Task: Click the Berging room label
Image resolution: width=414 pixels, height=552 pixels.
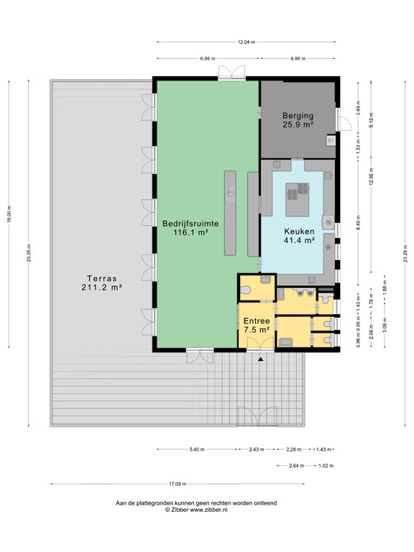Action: click(298, 120)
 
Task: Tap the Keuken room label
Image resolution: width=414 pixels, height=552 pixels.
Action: click(299, 236)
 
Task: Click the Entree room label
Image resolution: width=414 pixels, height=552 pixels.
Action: click(257, 326)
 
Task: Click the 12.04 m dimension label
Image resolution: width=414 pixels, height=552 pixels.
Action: click(247, 42)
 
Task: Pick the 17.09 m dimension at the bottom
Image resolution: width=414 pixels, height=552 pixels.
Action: click(178, 484)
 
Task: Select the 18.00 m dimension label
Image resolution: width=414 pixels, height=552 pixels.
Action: click(9, 213)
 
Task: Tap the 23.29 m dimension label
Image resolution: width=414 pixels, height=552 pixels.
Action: click(405, 254)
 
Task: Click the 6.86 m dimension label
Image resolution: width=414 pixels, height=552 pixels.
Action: click(208, 58)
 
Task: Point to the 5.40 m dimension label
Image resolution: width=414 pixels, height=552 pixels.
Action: click(197, 449)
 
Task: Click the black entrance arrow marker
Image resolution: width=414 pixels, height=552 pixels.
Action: click(260, 359)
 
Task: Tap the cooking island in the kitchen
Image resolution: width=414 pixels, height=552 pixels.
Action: click(298, 200)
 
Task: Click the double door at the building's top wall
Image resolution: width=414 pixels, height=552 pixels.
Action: click(231, 73)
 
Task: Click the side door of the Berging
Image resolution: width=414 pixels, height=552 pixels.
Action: click(344, 120)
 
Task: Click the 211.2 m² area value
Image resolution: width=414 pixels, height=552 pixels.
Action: click(102, 287)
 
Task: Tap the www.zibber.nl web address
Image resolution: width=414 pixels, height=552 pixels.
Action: click(208, 510)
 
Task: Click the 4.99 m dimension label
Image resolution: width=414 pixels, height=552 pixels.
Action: click(298, 58)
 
